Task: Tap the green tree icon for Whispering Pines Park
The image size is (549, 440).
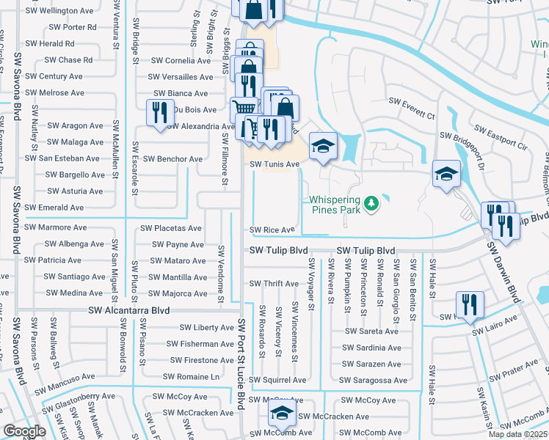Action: tap(372, 202)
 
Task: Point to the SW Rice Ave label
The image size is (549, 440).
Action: tap(272, 230)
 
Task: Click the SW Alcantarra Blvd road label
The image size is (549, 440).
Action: tap(129, 311)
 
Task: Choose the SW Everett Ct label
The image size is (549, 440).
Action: tap(411, 108)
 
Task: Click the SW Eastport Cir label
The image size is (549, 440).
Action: tap(501, 137)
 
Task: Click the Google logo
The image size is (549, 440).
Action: tap(24, 430)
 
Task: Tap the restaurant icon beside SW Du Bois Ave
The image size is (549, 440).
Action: tap(157, 111)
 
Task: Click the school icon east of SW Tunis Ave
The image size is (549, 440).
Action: tap(322, 144)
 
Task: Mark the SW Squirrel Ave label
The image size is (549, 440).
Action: tap(277, 380)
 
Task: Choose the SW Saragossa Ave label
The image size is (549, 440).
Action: tap(373, 380)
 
